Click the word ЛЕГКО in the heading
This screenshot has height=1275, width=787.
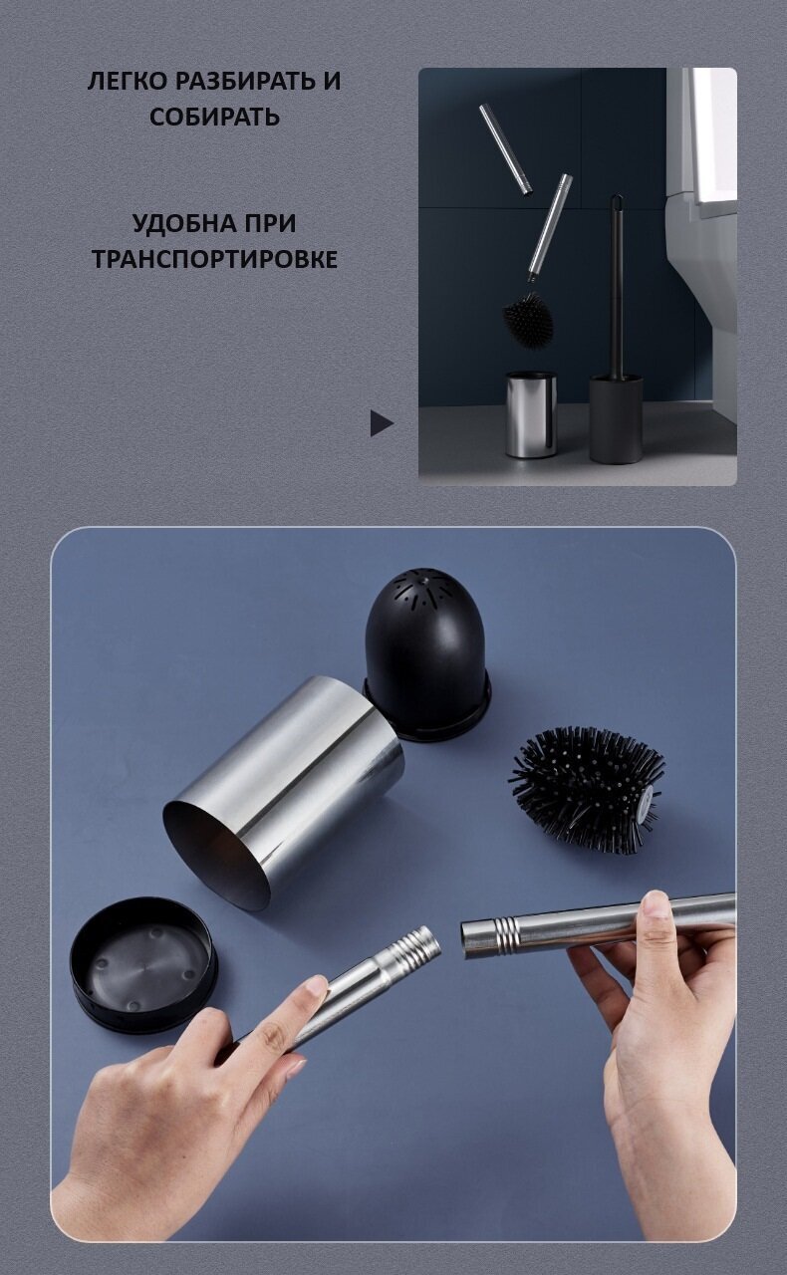[x=128, y=82]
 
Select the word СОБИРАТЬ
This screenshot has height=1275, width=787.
[x=215, y=117]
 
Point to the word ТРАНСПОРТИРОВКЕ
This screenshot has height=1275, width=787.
[x=215, y=259]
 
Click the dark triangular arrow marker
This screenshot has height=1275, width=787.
[x=382, y=423]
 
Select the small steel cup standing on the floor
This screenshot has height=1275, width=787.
[x=531, y=414]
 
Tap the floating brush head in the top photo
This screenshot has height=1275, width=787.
[x=528, y=320]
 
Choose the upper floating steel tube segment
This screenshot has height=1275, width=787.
[x=505, y=149]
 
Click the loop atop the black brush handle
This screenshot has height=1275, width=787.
[x=617, y=208]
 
